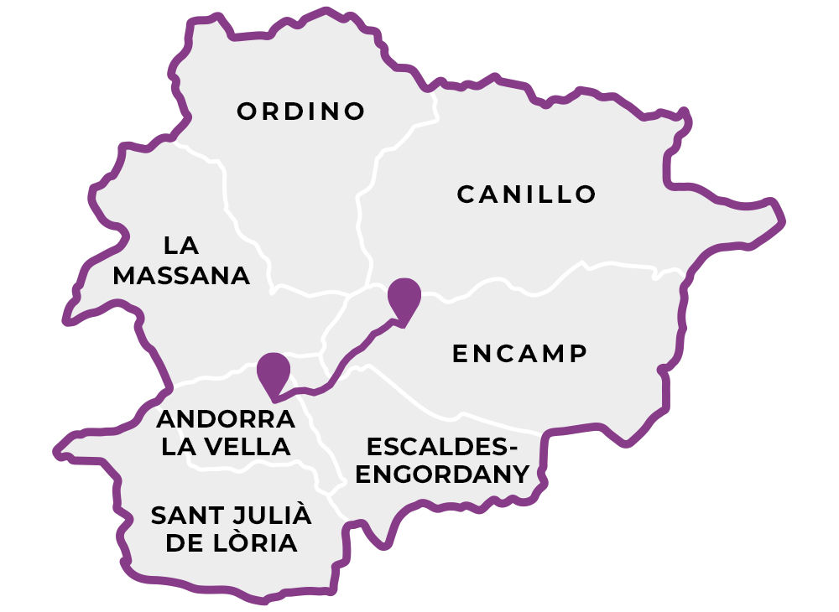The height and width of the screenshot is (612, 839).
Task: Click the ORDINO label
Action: (301, 112)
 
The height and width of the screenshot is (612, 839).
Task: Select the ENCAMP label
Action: (519, 354)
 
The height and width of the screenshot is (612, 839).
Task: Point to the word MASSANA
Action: (181, 276)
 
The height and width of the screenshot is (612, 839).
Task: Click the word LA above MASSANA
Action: (181, 246)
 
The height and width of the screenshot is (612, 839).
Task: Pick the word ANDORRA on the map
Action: (226, 418)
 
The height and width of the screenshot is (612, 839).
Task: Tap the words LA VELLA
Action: (227, 447)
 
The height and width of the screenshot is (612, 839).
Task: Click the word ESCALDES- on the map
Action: (442, 445)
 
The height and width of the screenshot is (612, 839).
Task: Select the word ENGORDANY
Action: (442, 475)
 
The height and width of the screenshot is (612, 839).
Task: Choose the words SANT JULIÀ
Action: (231, 515)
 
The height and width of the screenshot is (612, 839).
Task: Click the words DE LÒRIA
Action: (231, 543)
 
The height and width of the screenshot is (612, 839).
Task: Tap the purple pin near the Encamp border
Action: (404, 298)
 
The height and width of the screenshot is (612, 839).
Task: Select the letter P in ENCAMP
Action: (576, 354)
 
